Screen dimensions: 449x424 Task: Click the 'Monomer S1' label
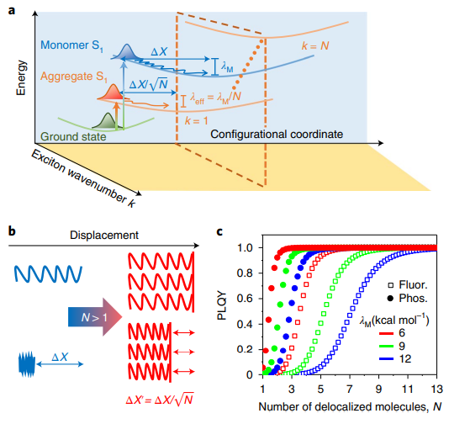click(x=71, y=45)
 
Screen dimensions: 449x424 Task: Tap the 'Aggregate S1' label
click(x=74, y=77)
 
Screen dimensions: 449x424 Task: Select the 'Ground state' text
click(x=73, y=136)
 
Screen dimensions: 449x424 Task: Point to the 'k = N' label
click(x=315, y=45)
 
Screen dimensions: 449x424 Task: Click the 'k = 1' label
click(x=196, y=120)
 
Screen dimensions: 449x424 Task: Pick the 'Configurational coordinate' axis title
click(x=277, y=134)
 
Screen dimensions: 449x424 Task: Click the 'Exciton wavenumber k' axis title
click(x=83, y=178)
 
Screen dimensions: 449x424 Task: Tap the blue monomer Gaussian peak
click(x=126, y=52)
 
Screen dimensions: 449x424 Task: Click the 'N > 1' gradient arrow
click(x=95, y=317)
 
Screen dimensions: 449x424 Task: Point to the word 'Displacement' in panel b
click(x=104, y=236)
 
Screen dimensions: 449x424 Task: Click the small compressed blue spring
click(x=27, y=363)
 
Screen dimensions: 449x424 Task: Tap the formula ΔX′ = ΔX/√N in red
click(x=160, y=400)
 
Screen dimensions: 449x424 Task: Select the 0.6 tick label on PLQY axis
click(x=245, y=299)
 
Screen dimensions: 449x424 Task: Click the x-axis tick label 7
click(x=349, y=389)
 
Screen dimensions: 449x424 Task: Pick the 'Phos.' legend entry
click(x=407, y=299)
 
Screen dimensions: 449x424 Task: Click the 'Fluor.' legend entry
click(x=408, y=284)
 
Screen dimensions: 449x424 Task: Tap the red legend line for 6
click(x=387, y=333)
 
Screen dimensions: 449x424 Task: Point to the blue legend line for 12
click(x=387, y=358)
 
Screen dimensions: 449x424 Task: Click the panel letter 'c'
click(x=219, y=231)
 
